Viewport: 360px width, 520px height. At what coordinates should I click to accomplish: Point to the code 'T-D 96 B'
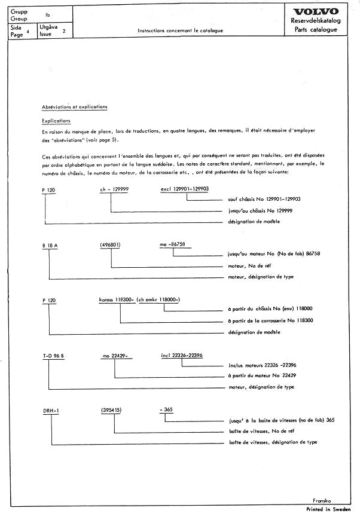pyautogui.click(x=54, y=356)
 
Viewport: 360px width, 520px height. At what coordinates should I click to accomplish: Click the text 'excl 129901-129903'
pyautogui.click(x=185, y=189)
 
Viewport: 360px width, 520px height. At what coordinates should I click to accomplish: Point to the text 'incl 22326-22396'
pyautogui.click(x=182, y=356)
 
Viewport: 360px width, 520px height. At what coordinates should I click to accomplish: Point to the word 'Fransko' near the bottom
pyautogui.click(x=322, y=500)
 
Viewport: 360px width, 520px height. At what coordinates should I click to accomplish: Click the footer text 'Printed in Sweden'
pyautogui.click(x=330, y=509)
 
